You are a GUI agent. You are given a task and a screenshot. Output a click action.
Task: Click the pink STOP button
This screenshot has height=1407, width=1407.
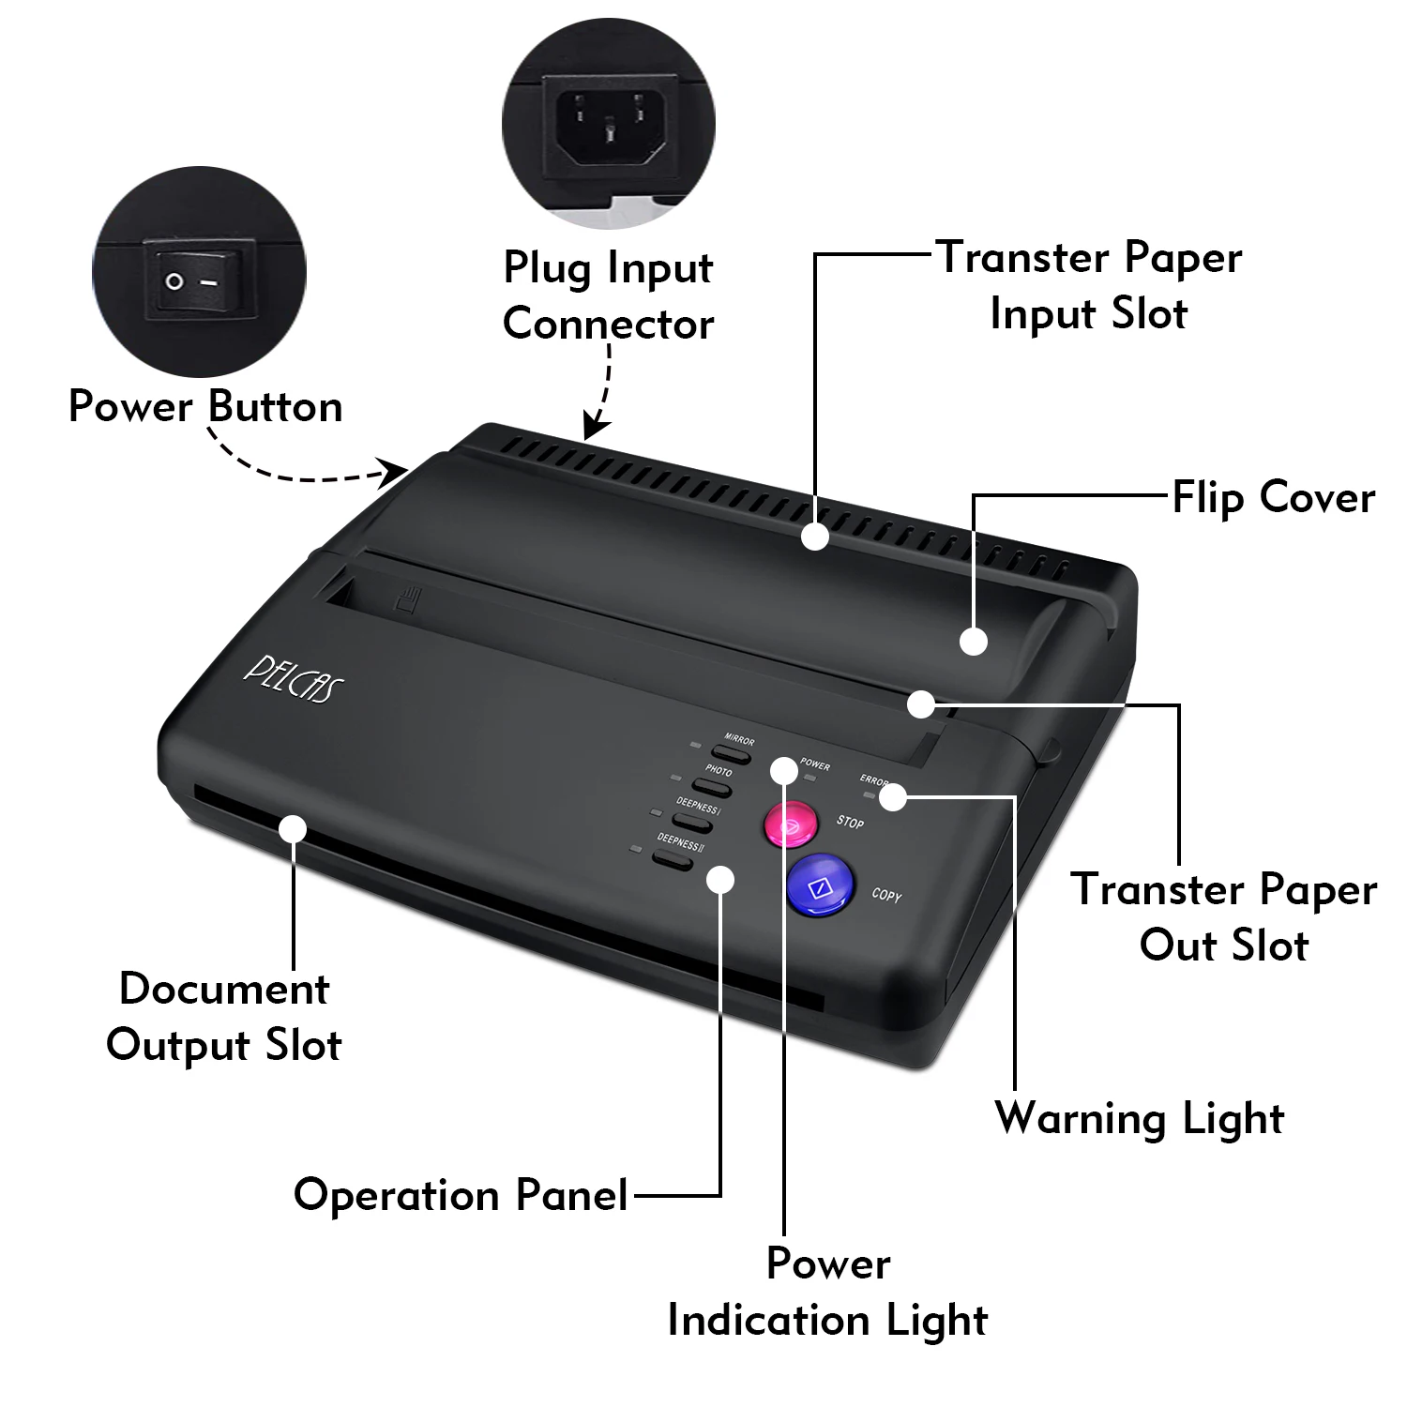pyautogui.click(x=789, y=825)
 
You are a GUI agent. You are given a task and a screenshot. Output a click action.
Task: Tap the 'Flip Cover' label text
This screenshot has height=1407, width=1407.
pyautogui.click(x=1273, y=497)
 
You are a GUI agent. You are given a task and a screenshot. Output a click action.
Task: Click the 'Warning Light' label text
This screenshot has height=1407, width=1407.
pyautogui.click(x=1139, y=1118)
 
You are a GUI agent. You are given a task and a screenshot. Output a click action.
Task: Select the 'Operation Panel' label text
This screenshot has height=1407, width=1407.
pyautogui.click(x=461, y=1195)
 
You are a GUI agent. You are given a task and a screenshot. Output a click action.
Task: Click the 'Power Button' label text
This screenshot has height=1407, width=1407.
pyautogui.click(x=205, y=406)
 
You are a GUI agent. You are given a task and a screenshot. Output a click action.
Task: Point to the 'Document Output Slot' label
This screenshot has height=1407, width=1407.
pyautogui.click(x=224, y=1017)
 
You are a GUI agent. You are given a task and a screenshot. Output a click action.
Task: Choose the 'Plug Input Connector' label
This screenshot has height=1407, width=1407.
pyautogui.click(x=608, y=295)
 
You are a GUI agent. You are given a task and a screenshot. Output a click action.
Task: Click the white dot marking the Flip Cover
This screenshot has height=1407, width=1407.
pyautogui.click(x=975, y=642)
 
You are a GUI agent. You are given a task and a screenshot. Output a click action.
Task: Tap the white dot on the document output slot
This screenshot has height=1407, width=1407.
pyautogui.click(x=293, y=829)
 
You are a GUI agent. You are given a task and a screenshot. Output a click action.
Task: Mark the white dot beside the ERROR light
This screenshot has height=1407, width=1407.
pyautogui.click(x=893, y=797)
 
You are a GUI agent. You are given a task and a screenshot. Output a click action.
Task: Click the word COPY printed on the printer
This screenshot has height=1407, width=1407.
pyautogui.click(x=886, y=895)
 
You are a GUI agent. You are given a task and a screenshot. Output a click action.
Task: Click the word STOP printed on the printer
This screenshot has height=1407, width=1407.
pyautogui.click(x=850, y=823)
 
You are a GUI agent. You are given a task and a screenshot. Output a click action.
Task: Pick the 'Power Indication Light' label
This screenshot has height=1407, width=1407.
pyautogui.click(x=827, y=1292)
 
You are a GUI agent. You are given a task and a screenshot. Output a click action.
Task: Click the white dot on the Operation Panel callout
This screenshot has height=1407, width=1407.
pyautogui.click(x=720, y=879)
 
